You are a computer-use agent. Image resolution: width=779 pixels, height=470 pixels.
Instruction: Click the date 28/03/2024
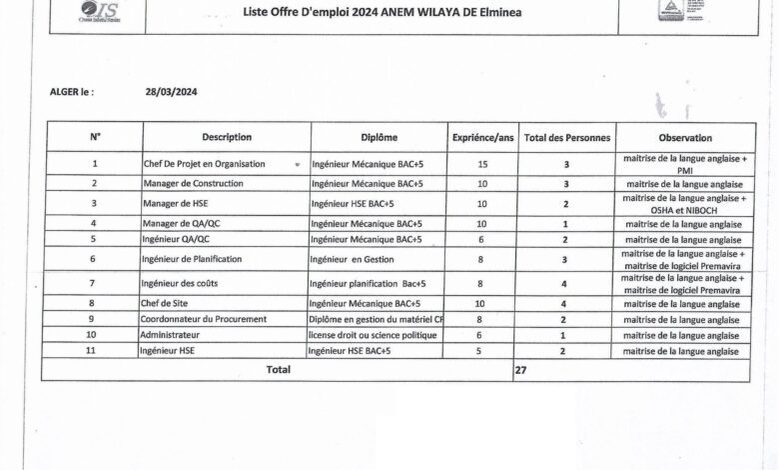(170, 91)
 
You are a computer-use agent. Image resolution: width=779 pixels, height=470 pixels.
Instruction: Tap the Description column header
(227, 138)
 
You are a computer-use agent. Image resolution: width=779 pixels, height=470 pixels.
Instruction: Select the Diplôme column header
(379, 138)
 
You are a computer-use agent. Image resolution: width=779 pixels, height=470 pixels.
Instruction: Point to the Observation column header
(684, 138)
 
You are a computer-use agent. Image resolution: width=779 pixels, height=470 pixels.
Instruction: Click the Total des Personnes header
(566, 138)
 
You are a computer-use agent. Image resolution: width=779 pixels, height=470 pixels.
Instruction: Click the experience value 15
(482, 162)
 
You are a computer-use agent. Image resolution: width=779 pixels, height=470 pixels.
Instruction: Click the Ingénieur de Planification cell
(192, 259)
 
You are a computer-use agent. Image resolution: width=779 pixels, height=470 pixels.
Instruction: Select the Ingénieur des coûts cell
(180, 283)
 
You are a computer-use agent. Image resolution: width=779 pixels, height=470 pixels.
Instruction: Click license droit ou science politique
(373, 335)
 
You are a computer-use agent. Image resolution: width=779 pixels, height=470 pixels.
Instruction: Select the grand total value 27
(520, 369)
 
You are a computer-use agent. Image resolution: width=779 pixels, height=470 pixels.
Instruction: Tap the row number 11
(92, 351)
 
